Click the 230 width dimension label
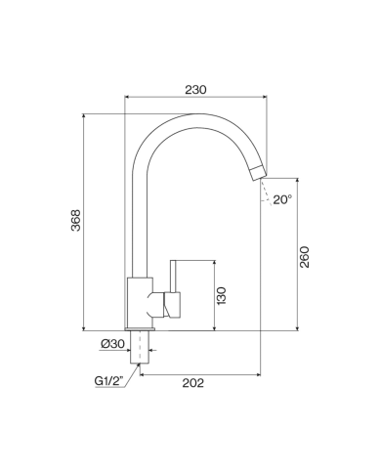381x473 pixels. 195,90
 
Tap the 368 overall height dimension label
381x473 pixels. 76,220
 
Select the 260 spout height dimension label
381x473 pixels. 304,257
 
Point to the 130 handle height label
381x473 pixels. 221,296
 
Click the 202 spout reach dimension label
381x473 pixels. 192,383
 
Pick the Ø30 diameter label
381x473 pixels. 112,344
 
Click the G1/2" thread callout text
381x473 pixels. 109,381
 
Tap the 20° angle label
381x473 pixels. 282,199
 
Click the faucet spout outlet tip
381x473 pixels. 260,173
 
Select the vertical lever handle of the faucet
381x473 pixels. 173,276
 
